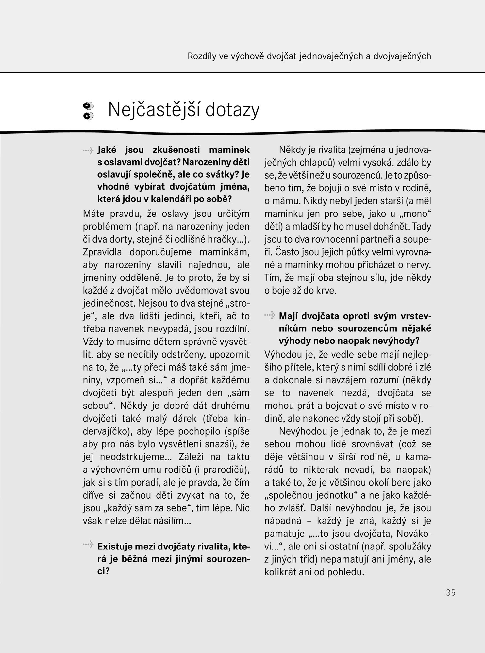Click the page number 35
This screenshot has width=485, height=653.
[x=451, y=592]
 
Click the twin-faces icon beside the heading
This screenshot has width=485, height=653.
[x=88, y=111]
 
